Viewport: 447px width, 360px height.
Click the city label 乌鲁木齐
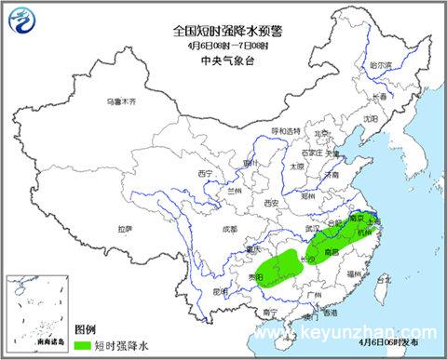(x=120, y=100)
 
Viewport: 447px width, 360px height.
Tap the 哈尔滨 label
(x=382, y=66)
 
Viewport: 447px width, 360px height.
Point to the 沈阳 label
(x=371, y=119)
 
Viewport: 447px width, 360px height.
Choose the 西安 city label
(x=271, y=202)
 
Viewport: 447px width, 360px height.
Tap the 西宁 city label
(x=206, y=173)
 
